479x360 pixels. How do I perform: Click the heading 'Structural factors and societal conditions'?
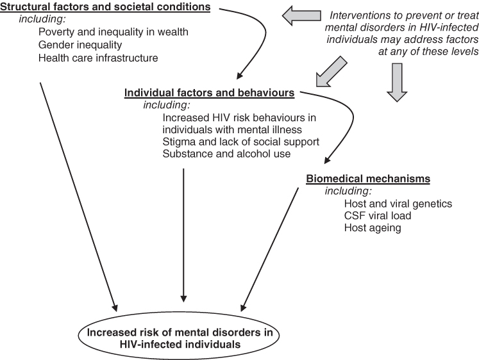[106, 8]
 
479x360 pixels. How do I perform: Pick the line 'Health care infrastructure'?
[97, 58]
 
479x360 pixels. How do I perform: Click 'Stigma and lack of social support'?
[241, 142]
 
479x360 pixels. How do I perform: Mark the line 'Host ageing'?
[373, 228]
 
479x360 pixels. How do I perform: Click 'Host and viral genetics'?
[398, 204]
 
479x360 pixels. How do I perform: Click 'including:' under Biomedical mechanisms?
[348, 192]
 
